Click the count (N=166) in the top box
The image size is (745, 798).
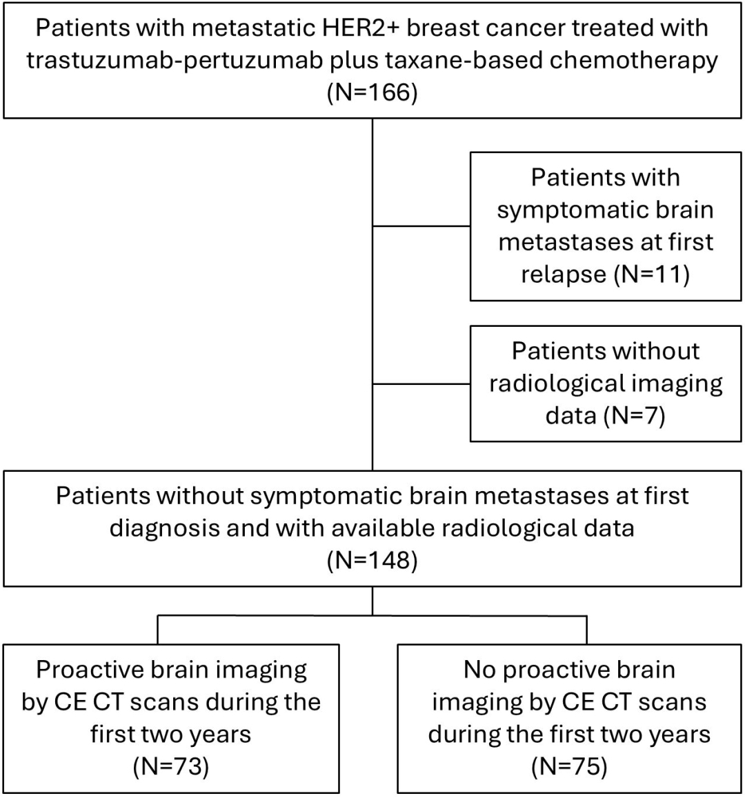(x=372, y=92)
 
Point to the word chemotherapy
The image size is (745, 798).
(x=624, y=61)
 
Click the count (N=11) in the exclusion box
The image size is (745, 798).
(x=652, y=275)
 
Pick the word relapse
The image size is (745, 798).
(x=564, y=275)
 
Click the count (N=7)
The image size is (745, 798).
(x=635, y=415)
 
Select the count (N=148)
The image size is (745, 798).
(x=372, y=560)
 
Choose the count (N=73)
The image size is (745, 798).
(x=171, y=766)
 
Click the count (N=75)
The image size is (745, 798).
(x=569, y=766)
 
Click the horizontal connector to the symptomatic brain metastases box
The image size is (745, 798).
(x=421, y=226)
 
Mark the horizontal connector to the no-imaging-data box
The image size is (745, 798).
(x=421, y=383)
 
